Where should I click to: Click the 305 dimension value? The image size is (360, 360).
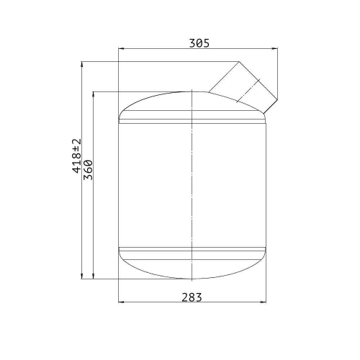click(x=199, y=43)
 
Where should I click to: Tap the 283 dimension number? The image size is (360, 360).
click(x=192, y=297)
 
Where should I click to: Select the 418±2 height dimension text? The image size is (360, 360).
click(x=77, y=156)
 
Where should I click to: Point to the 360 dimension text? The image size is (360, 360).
click(x=88, y=170)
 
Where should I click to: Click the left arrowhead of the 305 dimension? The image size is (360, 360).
click(x=121, y=49)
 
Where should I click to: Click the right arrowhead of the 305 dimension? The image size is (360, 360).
click(x=275, y=49)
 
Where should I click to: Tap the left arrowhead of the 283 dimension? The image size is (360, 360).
click(x=121, y=302)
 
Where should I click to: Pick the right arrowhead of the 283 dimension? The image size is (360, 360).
click(x=264, y=302)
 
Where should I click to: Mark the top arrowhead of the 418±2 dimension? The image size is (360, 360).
click(x=82, y=64)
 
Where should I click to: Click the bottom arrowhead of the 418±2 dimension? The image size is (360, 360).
click(x=82, y=276)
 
